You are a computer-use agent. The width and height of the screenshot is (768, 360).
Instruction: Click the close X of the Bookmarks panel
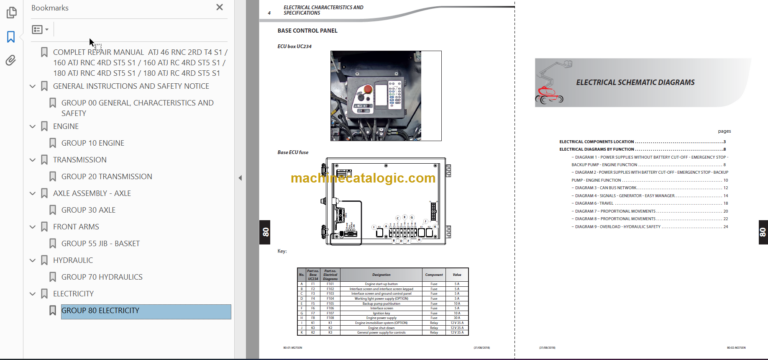tap(220, 7)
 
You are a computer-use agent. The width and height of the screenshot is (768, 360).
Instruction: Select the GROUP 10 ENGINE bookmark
tap(92, 143)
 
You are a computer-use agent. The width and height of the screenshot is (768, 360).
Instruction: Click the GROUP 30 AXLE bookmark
tap(88, 210)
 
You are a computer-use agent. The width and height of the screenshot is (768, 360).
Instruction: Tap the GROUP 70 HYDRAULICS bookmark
tap(102, 277)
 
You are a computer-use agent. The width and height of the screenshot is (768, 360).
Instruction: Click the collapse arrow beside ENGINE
tap(33, 127)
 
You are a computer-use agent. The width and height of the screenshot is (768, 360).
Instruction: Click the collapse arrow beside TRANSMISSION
tap(33, 160)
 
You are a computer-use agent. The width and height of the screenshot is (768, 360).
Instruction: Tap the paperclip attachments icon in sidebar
tap(10, 61)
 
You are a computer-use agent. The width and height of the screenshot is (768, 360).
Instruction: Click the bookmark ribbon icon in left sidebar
tap(10, 37)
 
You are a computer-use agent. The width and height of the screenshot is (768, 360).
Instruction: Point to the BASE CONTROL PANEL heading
tap(307, 31)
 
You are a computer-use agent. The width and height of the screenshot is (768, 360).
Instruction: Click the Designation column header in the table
tap(365, 271)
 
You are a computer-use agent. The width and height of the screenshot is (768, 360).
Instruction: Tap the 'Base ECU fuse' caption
tap(294, 152)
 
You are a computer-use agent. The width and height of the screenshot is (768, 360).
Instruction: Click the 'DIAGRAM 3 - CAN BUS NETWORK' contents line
tap(606, 187)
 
